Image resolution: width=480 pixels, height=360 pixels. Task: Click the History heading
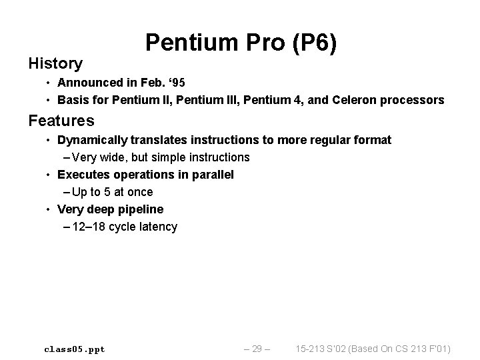(x=55, y=64)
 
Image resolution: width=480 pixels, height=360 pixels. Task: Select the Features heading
(x=61, y=121)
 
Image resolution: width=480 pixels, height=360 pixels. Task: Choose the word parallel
(x=211, y=175)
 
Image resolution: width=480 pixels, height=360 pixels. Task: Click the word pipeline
(x=141, y=209)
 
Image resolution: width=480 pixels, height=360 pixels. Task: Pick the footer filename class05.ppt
(x=74, y=349)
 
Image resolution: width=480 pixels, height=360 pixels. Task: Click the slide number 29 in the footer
(x=256, y=349)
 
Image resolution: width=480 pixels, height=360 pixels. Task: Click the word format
(x=373, y=140)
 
